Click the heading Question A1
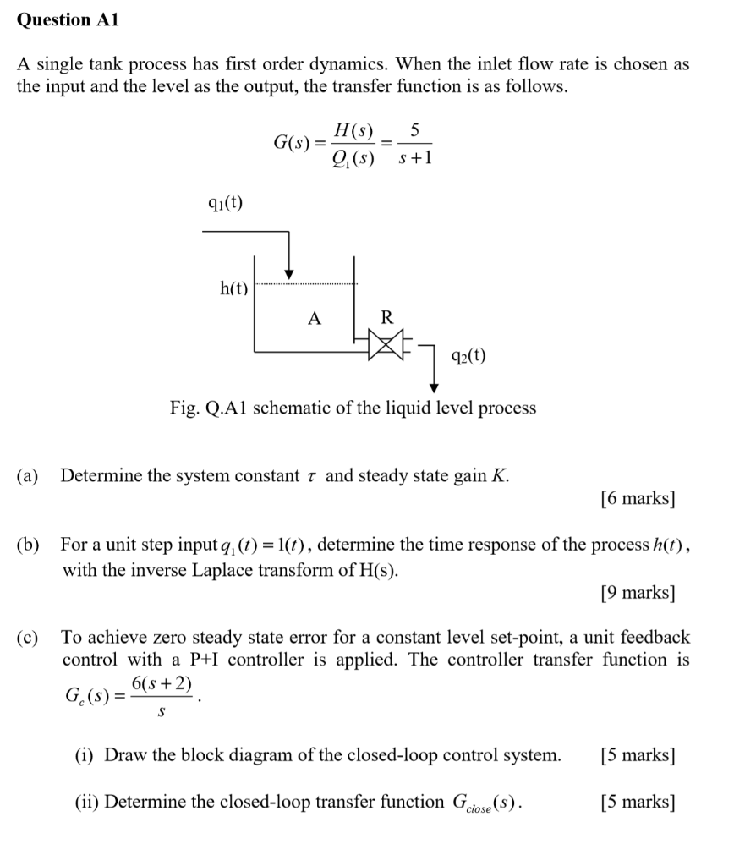click(x=68, y=21)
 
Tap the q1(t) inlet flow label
click(x=225, y=203)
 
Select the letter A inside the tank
click(x=315, y=318)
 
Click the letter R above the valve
click(x=387, y=318)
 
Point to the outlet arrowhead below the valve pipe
click(x=435, y=386)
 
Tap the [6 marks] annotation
click(x=637, y=498)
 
